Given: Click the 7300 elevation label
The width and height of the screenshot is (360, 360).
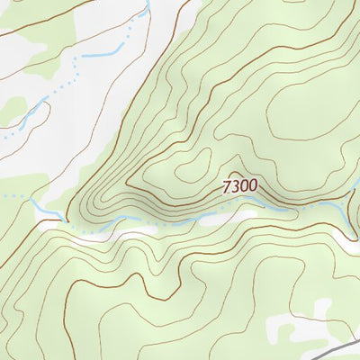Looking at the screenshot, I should coord(240,186).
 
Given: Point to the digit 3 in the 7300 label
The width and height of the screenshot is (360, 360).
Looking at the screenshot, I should coord(236,186).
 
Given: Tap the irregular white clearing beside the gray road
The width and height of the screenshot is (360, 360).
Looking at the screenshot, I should coord(301,326).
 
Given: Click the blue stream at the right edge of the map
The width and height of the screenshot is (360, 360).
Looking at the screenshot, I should coord(355,194).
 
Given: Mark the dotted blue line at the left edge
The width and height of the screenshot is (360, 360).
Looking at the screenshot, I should coord(7,136).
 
